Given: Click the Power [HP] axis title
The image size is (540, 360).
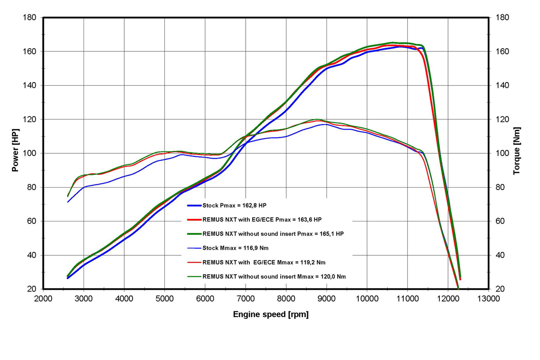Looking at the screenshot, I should [x=15, y=150].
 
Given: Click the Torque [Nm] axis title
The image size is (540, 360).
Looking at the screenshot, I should [x=517, y=151].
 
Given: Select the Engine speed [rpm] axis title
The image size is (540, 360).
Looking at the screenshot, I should [x=271, y=314].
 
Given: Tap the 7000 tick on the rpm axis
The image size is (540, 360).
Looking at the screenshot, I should [x=246, y=298].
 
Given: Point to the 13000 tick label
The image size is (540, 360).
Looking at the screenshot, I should [x=489, y=298].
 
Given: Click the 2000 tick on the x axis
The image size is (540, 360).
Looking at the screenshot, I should [x=43, y=298].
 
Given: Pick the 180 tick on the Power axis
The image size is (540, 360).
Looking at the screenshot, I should [x=29, y=18].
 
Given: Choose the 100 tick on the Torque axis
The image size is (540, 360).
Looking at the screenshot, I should [x=503, y=153].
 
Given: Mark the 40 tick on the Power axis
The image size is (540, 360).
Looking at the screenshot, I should [x=32, y=255].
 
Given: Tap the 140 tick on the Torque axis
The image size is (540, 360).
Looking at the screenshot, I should [x=503, y=86].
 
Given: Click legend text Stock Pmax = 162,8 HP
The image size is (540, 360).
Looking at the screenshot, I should [x=234, y=206].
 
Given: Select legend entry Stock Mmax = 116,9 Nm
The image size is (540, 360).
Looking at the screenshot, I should [x=235, y=248].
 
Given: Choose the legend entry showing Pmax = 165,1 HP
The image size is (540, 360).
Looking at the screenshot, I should [x=273, y=234].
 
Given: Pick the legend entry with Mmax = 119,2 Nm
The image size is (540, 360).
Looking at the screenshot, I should [x=264, y=262].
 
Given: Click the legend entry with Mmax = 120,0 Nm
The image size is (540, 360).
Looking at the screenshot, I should [x=274, y=276].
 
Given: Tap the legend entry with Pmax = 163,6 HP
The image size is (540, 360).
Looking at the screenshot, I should [x=262, y=220].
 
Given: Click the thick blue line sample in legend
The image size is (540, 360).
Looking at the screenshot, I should [x=194, y=206].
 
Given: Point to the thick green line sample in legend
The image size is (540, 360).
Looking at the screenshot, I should [x=194, y=234].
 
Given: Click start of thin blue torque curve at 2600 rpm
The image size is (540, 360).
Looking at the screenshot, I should [x=68, y=202].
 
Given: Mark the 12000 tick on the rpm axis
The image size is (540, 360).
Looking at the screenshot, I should [x=448, y=298].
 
